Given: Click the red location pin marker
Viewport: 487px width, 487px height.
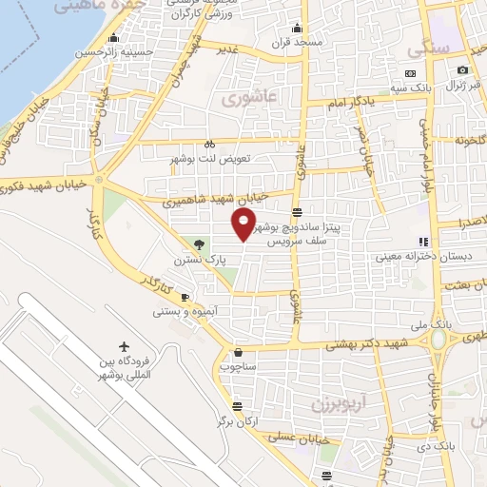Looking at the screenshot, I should tap(244, 224).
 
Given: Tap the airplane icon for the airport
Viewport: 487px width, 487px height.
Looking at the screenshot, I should tap(124, 347).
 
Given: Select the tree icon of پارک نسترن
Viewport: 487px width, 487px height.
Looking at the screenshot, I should tap(198, 244).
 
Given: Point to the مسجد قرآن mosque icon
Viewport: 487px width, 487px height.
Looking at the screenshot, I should tap(298, 28).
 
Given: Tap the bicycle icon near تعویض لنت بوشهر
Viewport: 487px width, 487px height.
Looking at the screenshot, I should tap(209, 144).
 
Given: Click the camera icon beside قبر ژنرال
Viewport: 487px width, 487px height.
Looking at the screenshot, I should tap(463, 70).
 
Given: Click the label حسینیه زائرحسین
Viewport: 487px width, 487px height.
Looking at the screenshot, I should tap(115, 53).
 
